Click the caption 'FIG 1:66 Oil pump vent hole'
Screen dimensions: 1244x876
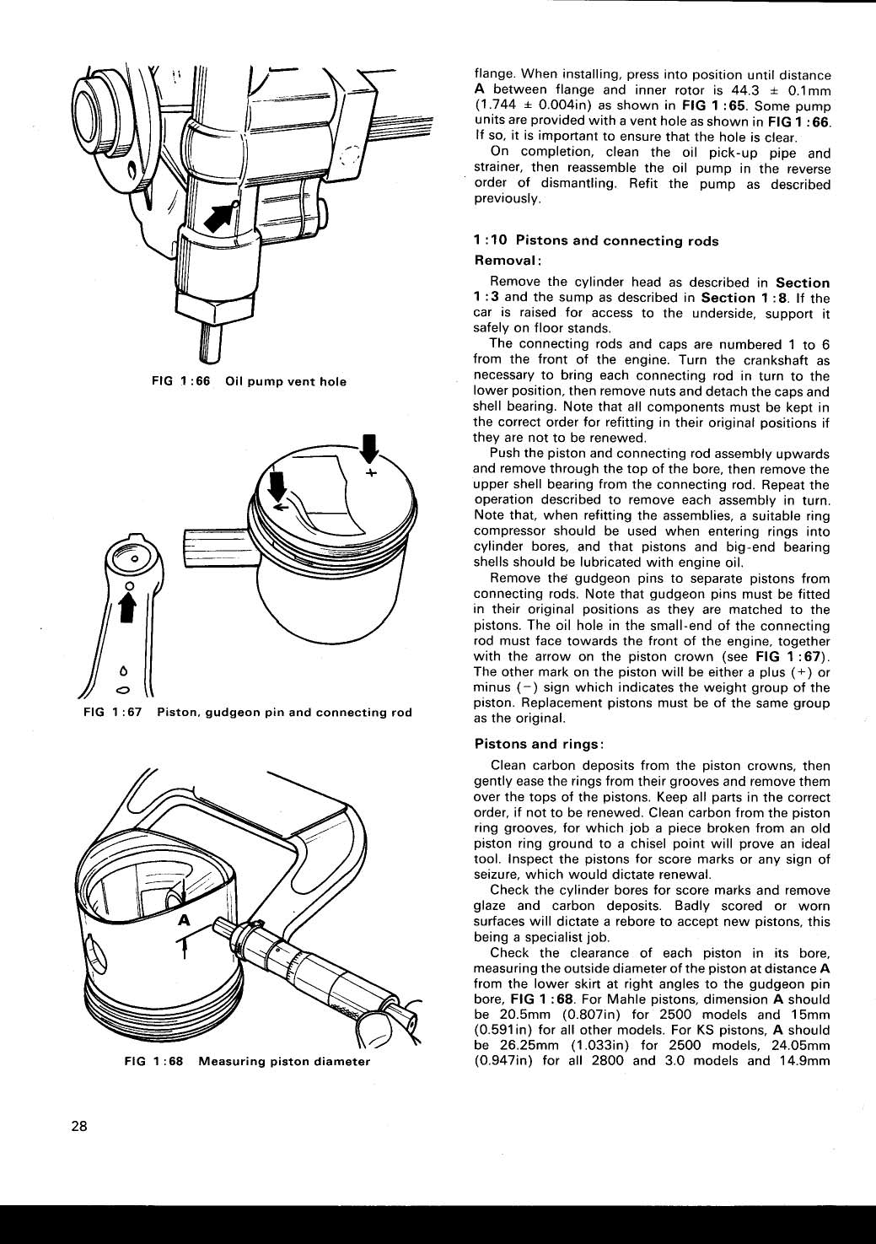pyautogui.click(x=249, y=381)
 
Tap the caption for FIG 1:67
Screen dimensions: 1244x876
pyautogui.click(x=248, y=713)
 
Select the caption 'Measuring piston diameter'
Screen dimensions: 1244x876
pyautogui.click(x=284, y=1061)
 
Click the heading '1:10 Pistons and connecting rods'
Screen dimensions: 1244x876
pyautogui.click(x=596, y=241)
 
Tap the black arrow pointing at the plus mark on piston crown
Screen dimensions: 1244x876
pyautogui.click(x=368, y=448)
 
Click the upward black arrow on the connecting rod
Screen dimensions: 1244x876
pyautogui.click(x=130, y=608)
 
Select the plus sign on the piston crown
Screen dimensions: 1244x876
pyautogui.click(x=371, y=473)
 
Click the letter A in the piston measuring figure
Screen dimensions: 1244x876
pyautogui.click(x=182, y=921)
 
